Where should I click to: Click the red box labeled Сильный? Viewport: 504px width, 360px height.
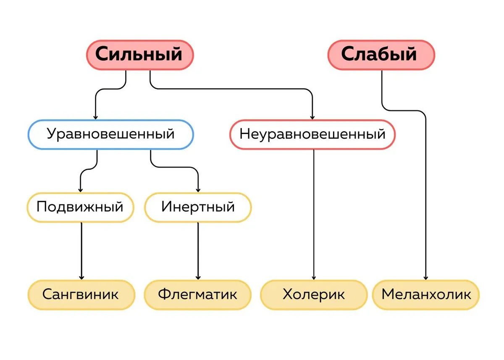tap(140, 55)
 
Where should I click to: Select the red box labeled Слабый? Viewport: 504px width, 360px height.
tap(381, 55)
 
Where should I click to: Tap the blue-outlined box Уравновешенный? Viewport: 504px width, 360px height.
tap(111, 134)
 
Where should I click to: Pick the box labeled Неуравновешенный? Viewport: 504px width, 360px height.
tap(312, 134)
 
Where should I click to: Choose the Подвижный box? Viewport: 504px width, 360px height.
tap(81, 208)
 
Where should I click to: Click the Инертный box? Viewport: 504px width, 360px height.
tap(198, 208)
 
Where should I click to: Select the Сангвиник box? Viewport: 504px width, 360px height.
tap(81, 295)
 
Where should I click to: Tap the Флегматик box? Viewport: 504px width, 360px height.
tap(198, 295)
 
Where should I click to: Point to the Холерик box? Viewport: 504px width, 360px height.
tap(314, 295)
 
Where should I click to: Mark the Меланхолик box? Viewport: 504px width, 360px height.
tap(426, 295)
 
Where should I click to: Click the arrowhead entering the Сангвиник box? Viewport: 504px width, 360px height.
tap(81, 278)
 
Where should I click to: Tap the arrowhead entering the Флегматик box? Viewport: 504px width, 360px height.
tap(198, 278)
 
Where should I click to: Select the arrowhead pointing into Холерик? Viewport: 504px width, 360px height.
tap(314, 278)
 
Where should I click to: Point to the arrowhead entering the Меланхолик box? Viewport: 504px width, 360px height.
tap(426, 278)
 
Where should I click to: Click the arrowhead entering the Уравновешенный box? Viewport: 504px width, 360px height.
tap(95, 118)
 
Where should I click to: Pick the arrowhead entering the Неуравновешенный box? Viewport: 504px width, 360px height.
tap(312, 118)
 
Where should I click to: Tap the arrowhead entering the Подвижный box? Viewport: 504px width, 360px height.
tap(80, 190)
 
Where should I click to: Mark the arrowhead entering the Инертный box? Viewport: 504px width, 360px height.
tap(198, 190)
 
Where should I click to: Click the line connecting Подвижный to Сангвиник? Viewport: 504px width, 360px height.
tap(81, 251)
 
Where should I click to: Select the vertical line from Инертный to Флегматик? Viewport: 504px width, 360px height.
tap(198, 251)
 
